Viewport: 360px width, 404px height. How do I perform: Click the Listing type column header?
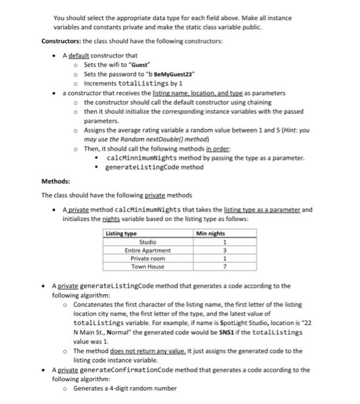click(121, 233)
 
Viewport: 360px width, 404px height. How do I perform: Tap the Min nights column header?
click(210, 233)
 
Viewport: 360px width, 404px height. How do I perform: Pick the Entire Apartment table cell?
click(147, 250)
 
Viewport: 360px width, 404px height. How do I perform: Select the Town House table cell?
click(147, 267)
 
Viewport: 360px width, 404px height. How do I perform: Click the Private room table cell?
click(147, 259)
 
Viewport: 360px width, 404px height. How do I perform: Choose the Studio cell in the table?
click(147, 242)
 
